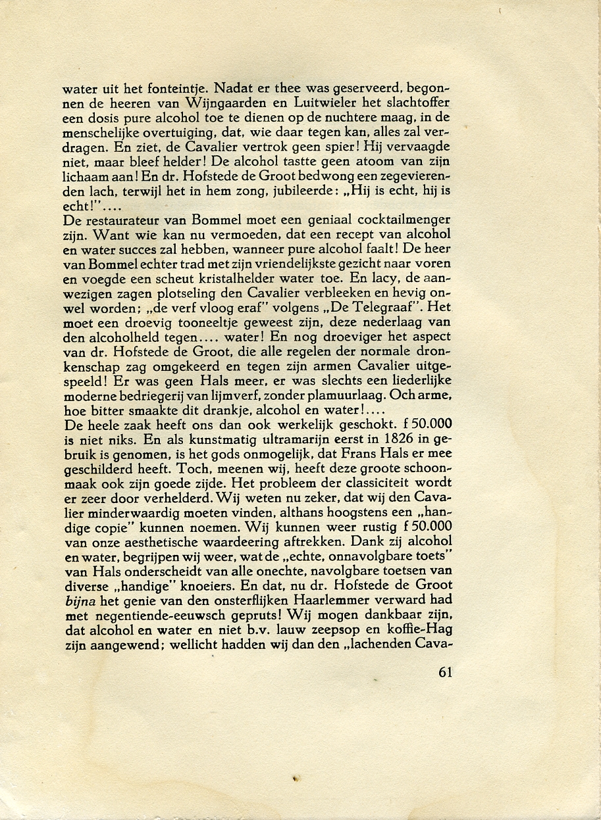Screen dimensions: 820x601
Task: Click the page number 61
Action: click(445, 673)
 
